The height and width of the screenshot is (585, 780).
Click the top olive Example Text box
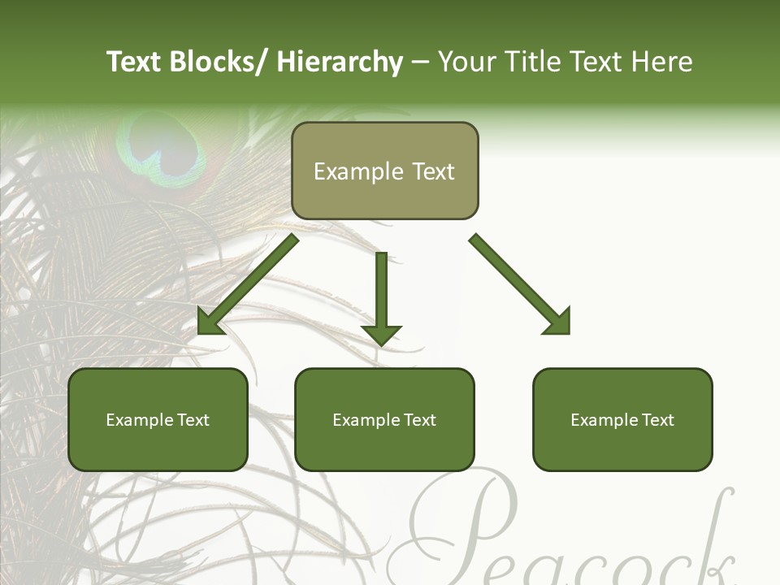pos(384,171)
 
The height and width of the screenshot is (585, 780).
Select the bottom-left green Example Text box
pos(158,419)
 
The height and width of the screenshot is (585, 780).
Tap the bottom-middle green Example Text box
pos(384,419)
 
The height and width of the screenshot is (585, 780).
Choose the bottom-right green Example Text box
pos(622,419)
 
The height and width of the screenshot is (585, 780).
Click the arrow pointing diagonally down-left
pos(248,284)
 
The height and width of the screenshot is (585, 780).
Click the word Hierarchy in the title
pos(340,62)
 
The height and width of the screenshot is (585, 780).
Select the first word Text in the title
pos(134,62)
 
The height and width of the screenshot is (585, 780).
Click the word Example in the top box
pos(358,171)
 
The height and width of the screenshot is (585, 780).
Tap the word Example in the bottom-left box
pos(140,420)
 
